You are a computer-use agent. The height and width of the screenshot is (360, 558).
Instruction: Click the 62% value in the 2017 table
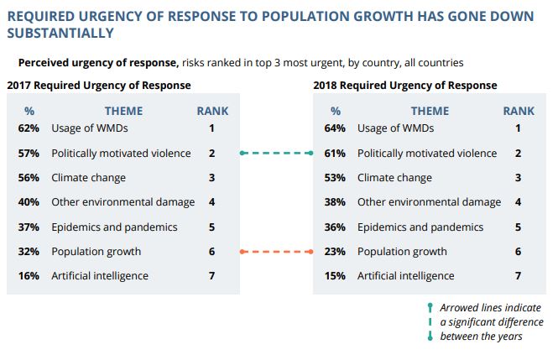pos(29,128)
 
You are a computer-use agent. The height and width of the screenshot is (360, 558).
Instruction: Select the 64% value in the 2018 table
pos(336,128)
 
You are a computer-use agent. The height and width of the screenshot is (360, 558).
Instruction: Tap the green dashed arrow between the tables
pos(275,154)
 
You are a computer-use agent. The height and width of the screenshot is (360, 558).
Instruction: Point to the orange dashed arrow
pos(275,252)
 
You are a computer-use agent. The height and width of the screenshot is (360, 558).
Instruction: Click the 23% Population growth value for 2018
pos(336,251)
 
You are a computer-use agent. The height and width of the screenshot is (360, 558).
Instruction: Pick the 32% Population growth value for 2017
pos(29,251)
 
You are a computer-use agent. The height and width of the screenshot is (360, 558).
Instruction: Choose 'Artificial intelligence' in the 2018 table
pos(405,276)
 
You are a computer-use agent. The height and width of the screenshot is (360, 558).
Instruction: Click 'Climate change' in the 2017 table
pos(88,178)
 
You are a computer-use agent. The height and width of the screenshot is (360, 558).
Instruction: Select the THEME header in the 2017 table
pos(123,111)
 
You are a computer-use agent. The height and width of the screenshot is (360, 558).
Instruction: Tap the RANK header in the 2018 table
pos(519,111)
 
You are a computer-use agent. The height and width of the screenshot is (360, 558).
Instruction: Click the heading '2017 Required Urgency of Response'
pos(98,86)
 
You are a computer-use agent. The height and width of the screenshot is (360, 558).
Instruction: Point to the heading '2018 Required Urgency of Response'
pos(404,86)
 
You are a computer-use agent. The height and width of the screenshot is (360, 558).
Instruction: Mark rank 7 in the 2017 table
pos(212,276)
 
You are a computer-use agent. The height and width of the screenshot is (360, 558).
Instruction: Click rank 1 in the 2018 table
pos(518,128)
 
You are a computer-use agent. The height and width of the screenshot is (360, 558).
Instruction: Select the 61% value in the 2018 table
pos(336,154)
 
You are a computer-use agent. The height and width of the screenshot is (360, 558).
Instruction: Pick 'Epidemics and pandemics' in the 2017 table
pos(114,227)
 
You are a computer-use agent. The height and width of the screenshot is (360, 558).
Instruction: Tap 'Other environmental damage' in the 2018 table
pos(429,202)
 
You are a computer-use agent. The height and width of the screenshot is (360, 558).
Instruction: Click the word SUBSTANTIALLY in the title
pos(60,34)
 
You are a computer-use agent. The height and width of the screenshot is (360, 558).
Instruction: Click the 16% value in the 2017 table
pos(29,276)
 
